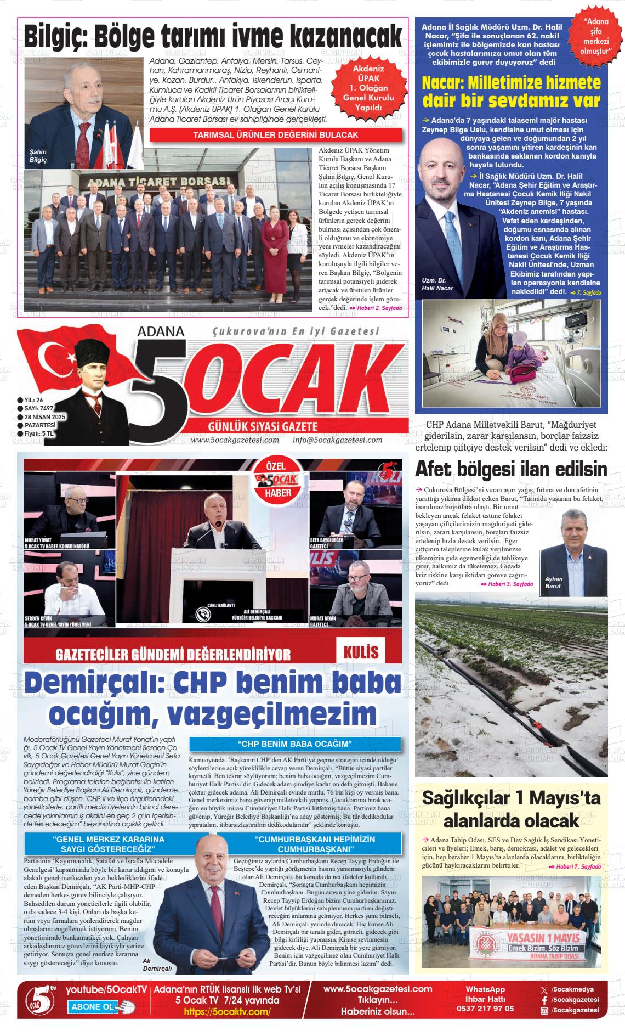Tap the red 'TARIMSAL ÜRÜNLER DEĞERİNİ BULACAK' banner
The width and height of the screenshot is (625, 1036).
[276, 135]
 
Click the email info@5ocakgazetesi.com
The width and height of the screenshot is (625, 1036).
[337, 440]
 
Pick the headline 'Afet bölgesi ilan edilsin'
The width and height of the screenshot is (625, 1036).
[511, 470]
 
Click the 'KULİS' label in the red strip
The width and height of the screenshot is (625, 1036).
[361, 652]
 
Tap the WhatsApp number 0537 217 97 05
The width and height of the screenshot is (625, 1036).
[485, 1009]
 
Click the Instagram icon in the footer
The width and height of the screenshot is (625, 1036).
[544, 1011]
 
